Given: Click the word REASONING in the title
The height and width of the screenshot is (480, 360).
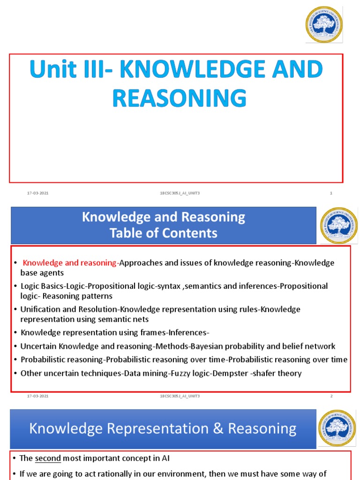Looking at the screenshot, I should coord(180,98).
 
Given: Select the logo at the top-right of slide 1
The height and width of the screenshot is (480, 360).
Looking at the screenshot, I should coord(324,24).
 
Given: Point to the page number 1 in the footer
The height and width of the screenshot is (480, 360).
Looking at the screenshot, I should coord(331,193).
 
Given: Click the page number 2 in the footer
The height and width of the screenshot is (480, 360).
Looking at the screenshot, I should coord(331,396).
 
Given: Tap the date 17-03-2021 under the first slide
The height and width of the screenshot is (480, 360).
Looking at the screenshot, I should coord(37,193).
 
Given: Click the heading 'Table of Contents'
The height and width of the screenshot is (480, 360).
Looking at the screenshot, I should coord(164,233).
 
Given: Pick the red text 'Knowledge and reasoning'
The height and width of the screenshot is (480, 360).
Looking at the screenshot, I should coord(70,263).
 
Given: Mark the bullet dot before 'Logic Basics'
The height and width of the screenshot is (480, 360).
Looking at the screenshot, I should coord(16,286).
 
